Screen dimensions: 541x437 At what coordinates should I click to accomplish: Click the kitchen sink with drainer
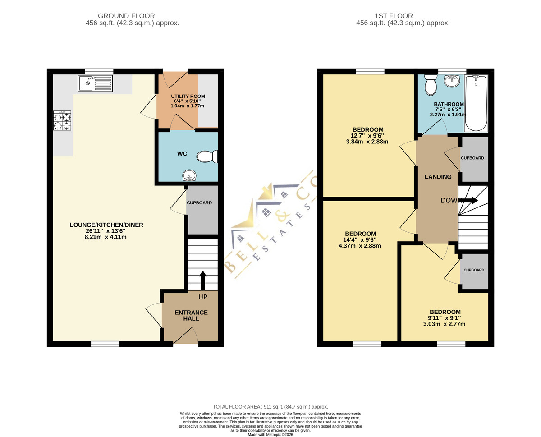pyautogui.click(x=95, y=83)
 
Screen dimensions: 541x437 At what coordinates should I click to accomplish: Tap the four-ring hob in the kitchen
pyautogui.click(x=62, y=120)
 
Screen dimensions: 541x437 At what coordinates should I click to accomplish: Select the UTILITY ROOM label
pyautogui.click(x=188, y=97)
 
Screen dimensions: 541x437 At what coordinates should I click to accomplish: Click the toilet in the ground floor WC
pyautogui.click(x=207, y=156)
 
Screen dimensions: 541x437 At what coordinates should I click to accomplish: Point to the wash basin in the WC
pyautogui.click(x=189, y=175)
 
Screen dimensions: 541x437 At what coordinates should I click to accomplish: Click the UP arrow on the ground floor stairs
pyautogui.click(x=203, y=280)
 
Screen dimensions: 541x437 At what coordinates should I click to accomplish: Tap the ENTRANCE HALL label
pyautogui.click(x=191, y=315)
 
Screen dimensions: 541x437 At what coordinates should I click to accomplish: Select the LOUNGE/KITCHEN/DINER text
pyautogui.click(x=106, y=225)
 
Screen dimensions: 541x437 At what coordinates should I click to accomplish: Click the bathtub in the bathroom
pyautogui.click(x=476, y=103)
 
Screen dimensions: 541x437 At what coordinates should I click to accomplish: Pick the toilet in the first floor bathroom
pyautogui.click(x=431, y=85)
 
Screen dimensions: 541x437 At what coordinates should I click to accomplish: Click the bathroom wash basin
pyautogui.click(x=452, y=81)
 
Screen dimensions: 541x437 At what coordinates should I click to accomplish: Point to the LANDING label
pyautogui.click(x=438, y=177)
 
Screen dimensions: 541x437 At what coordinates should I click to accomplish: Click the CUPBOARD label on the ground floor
pyautogui.click(x=199, y=203)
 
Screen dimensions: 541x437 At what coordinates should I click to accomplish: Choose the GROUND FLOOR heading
pyautogui.click(x=126, y=16)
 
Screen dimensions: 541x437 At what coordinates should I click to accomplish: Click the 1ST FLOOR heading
pyautogui.click(x=394, y=16)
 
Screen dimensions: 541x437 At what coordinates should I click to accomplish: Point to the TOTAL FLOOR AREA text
pyautogui.click(x=270, y=407)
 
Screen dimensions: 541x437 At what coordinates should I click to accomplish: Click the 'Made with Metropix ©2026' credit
pyautogui.click(x=270, y=435)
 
